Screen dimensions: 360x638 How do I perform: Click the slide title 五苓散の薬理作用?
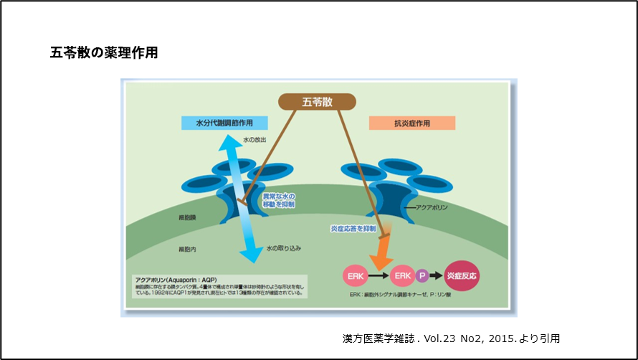(104, 52)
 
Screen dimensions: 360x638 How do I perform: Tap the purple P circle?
(424, 275)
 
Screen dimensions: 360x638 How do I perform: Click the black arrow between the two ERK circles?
(377, 275)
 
